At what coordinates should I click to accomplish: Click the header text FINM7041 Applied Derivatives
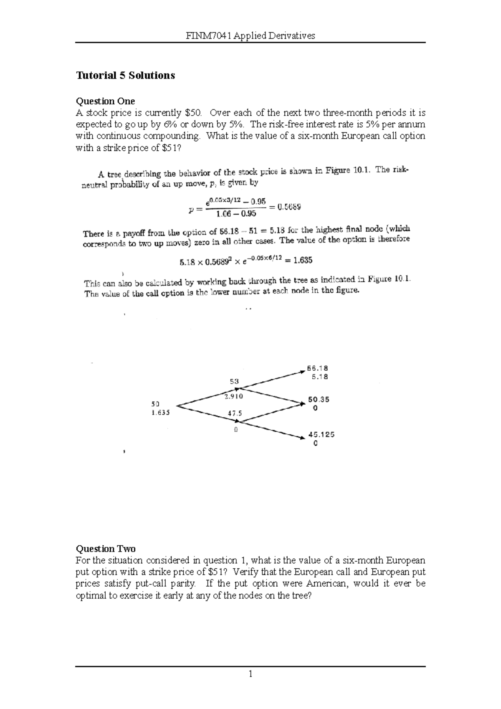(x=250, y=36)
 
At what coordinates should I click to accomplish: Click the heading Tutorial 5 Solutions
(x=125, y=76)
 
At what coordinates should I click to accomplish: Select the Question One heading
(x=105, y=101)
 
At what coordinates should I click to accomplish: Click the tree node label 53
(x=234, y=381)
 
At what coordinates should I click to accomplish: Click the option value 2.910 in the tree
(x=233, y=397)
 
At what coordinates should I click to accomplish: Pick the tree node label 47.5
(x=235, y=413)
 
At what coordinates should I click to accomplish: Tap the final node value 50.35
(x=319, y=399)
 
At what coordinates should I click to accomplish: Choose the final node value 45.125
(x=321, y=434)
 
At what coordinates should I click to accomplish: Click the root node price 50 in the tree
(x=155, y=404)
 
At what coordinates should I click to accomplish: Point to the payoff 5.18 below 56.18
(x=319, y=377)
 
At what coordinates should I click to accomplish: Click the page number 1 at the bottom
(x=250, y=674)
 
